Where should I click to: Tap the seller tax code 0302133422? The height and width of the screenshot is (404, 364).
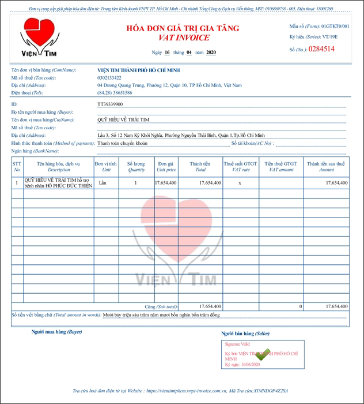(109, 77)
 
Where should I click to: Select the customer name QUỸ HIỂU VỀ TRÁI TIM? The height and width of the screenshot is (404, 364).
(123, 120)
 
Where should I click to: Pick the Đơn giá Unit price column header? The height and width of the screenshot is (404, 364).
(166, 167)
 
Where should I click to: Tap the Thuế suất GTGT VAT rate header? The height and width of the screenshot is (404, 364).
(241, 167)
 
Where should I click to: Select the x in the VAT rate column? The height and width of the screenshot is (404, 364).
(240, 182)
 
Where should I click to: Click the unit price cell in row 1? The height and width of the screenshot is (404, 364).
(166, 182)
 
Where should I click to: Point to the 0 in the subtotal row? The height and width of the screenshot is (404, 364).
(301, 306)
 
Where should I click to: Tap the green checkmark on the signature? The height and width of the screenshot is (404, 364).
(263, 354)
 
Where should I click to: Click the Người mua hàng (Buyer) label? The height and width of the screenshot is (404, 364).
(58, 332)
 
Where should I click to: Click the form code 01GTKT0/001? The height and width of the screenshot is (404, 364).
(335, 27)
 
